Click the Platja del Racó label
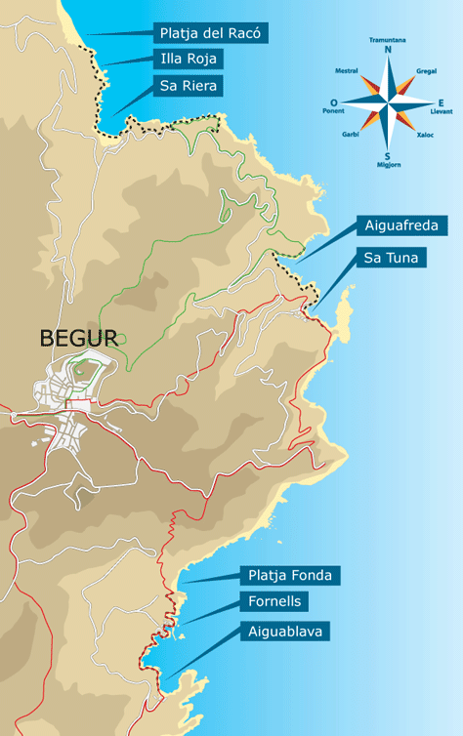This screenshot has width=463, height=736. coord(210,33)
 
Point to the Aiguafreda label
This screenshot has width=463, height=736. coord(402,226)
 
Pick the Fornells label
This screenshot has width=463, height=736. coord(274,602)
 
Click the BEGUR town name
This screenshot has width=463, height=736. coord(78,339)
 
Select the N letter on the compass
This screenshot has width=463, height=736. coord(389,50)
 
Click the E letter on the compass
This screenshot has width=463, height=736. coord(441,102)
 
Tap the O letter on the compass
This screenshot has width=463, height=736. coord(335,102)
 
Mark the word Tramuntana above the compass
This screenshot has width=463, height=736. coord(388,40)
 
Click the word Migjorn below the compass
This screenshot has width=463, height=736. coord(389,166)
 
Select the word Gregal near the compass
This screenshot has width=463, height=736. coord(426,71)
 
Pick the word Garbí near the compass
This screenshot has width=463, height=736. coord(352,134)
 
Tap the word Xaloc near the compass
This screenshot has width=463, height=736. coord(425,135)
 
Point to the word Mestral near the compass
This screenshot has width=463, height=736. coord(347,71)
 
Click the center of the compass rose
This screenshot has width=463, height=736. coord(389,102)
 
